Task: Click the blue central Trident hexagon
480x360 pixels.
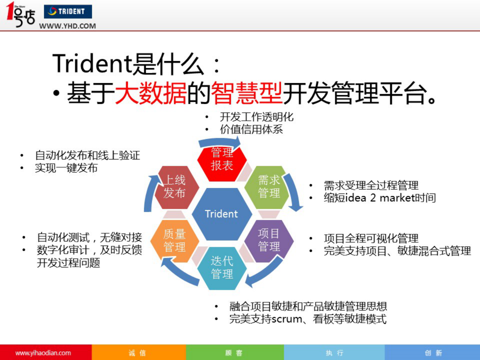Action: click(222, 214)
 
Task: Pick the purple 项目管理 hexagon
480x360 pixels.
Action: click(269, 240)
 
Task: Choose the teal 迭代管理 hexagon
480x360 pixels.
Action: click(222, 268)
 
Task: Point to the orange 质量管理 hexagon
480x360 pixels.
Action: click(175, 241)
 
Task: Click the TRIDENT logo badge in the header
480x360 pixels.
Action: click(68, 11)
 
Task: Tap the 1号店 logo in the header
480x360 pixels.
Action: click(21, 15)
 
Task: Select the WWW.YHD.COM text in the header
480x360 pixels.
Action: click(67, 26)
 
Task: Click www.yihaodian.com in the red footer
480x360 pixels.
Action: click(43, 353)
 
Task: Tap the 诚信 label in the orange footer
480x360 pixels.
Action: click(137, 353)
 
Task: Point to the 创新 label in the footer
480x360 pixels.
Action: click(433, 353)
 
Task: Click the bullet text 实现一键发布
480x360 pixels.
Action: click(66, 168)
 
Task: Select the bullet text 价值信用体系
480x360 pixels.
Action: click(251, 129)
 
